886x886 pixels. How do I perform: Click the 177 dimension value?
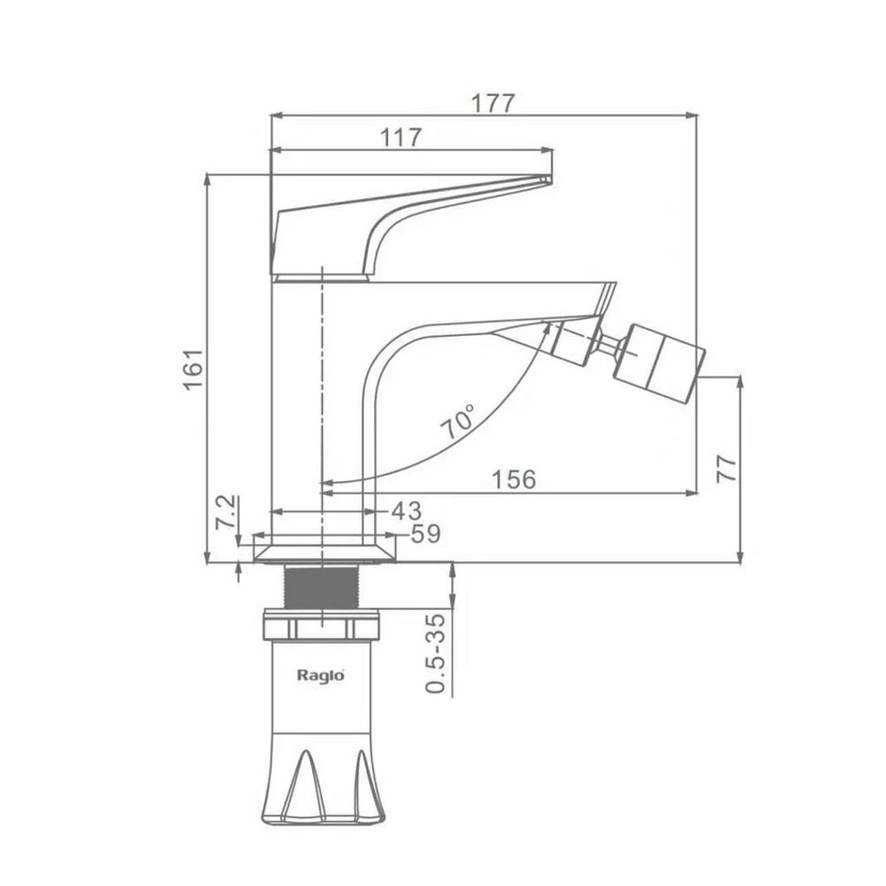click(x=494, y=104)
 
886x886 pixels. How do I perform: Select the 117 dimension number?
click(x=400, y=137)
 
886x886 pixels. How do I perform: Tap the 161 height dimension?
click(x=193, y=369)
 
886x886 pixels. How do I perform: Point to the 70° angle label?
click(x=459, y=422)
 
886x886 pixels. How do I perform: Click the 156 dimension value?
click(x=514, y=479)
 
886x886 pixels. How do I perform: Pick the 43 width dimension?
click(x=407, y=511)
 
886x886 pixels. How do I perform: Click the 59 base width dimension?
click(x=425, y=533)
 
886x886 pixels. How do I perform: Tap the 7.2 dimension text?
click(x=226, y=512)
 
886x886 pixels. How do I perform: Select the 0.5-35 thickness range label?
click(x=435, y=653)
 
